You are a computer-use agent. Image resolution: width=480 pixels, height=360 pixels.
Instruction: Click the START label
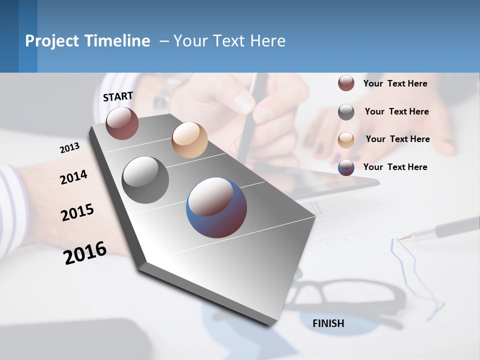pyautogui.click(x=118, y=96)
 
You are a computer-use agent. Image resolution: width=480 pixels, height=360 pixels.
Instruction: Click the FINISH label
pyautogui.click(x=328, y=323)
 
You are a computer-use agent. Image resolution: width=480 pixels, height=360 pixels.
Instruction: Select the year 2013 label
pyautogui.click(x=69, y=148)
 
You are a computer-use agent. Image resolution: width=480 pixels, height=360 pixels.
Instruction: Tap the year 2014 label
pyautogui.click(x=73, y=177)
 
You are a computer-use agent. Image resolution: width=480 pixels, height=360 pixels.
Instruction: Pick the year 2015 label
pyautogui.click(x=77, y=212)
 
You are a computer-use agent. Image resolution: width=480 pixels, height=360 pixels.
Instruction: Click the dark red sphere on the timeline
pyautogui.click(x=122, y=123)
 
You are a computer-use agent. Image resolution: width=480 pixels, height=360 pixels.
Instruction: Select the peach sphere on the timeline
pyautogui.click(x=189, y=140)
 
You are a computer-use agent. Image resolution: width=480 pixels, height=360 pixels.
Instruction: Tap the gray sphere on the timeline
pyautogui.click(x=145, y=180)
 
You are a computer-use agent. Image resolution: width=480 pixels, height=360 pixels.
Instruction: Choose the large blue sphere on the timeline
pyautogui.click(x=216, y=207)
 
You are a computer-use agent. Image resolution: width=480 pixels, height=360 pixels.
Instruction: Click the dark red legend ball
pyautogui.click(x=346, y=83)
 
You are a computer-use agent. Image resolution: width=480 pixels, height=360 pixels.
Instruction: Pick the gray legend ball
pyautogui.click(x=346, y=112)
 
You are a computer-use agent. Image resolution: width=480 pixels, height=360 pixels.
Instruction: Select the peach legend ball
pyautogui.click(x=346, y=140)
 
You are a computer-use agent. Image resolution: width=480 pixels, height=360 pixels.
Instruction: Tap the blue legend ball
pyautogui.click(x=346, y=167)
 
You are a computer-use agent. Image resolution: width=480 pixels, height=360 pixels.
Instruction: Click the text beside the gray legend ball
pyautogui.click(x=396, y=111)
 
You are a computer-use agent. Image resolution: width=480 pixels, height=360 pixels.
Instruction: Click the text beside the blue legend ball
pyautogui.click(x=395, y=167)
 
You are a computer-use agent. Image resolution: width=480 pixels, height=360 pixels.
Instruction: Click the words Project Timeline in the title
pyautogui.click(x=87, y=41)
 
